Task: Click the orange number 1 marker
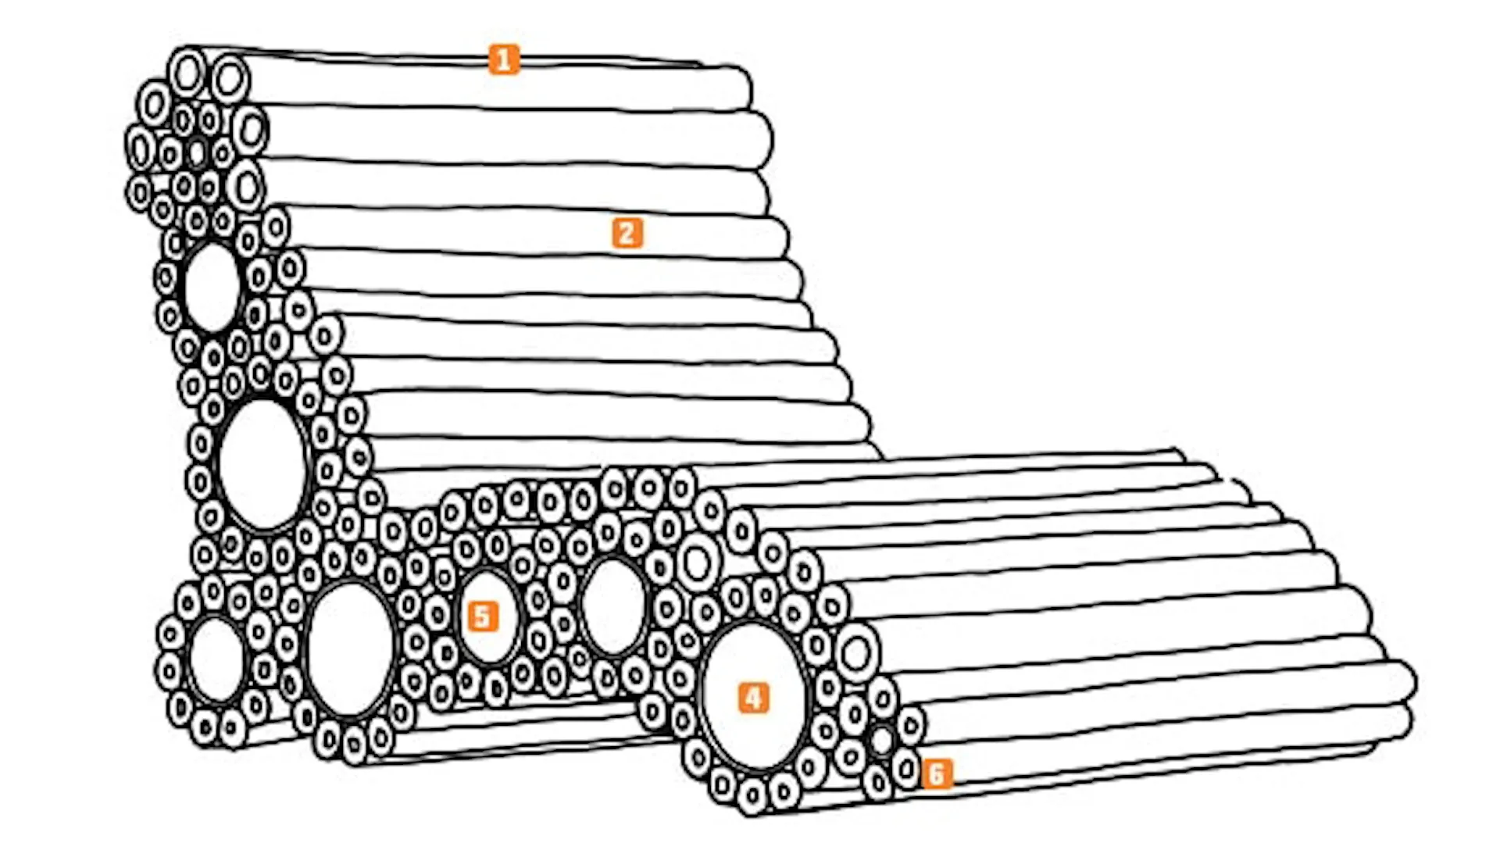click(504, 59)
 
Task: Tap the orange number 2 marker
click(627, 233)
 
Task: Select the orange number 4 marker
click(753, 698)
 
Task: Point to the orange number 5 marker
click(483, 616)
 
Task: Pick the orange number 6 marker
click(937, 774)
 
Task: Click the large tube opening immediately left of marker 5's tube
click(350, 649)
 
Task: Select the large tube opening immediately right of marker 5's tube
click(614, 607)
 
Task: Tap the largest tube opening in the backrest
click(262, 465)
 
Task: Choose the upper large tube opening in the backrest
click(212, 287)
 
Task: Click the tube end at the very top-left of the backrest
click(187, 73)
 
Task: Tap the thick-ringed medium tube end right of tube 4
click(857, 653)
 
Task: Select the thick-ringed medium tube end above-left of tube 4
click(698, 563)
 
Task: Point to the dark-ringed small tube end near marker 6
click(881, 740)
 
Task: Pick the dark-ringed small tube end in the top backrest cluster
click(197, 152)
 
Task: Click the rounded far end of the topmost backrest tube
click(742, 88)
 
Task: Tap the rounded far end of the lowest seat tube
click(1405, 723)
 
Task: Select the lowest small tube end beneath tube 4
click(752, 797)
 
